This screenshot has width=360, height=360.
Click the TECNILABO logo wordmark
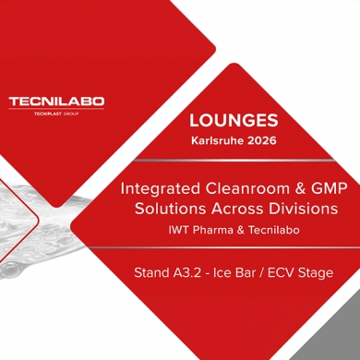(56, 101)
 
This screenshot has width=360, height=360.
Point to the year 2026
(257, 145)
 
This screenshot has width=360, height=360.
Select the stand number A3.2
(185, 273)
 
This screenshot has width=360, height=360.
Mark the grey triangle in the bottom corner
(337, 337)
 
